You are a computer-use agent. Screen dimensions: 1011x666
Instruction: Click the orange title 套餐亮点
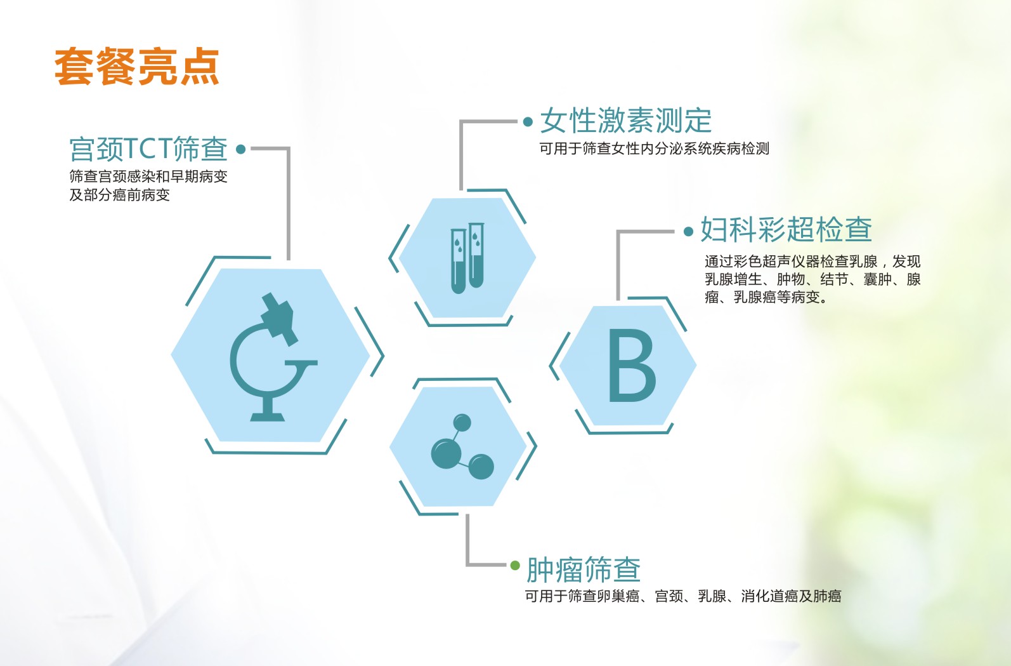pos(137,67)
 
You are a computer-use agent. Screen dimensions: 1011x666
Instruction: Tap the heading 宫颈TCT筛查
pos(148,149)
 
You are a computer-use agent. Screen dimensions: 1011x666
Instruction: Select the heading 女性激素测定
pos(625,121)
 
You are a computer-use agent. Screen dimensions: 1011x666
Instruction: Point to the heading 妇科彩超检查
pos(786,230)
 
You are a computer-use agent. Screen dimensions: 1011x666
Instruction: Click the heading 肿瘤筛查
pos(584,569)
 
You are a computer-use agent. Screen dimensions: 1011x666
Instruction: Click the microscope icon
pos(273,357)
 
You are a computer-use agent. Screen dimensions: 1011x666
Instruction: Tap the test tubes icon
pos(467,258)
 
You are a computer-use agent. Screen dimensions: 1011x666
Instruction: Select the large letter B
pos(632,365)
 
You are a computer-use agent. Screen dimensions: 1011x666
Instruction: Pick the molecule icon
pos(462,446)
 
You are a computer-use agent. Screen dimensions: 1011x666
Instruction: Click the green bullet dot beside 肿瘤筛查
pos(515,565)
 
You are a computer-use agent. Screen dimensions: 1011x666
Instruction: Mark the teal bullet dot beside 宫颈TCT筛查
pos(241,149)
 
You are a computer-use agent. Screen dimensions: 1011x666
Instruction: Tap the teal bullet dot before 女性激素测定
pos(528,121)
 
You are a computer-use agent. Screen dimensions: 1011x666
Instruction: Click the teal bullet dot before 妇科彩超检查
pos(688,232)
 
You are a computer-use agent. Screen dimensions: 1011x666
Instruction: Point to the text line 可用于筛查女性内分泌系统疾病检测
pos(655,149)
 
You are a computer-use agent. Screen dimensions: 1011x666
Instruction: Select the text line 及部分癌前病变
pos(120,195)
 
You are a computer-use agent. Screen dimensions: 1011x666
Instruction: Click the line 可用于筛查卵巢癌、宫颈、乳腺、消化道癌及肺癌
pos(683,596)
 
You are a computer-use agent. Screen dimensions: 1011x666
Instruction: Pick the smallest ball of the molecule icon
pos(462,423)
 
